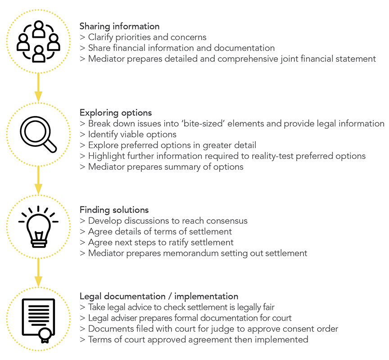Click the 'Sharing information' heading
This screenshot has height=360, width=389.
(x=119, y=26)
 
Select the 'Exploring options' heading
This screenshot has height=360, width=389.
(x=116, y=113)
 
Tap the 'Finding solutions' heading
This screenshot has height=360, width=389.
(x=114, y=210)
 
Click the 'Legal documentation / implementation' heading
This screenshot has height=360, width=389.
(x=159, y=296)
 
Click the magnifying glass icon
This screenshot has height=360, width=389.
(x=38, y=134)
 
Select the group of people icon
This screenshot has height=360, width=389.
(x=38, y=41)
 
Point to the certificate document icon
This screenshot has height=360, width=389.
(x=38, y=320)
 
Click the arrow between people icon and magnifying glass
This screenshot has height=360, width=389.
(x=38, y=87)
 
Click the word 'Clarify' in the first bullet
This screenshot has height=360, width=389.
(x=101, y=37)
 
